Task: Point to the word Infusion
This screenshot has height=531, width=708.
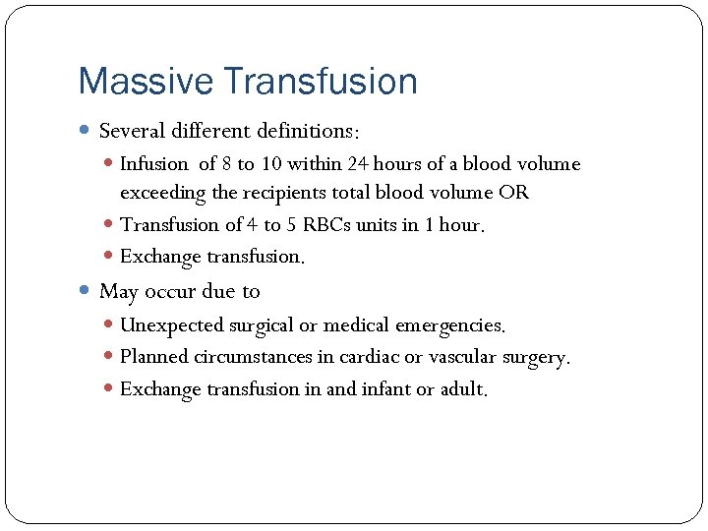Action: (x=152, y=164)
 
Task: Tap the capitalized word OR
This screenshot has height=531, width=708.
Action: (x=513, y=193)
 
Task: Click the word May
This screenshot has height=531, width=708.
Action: (x=119, y=291)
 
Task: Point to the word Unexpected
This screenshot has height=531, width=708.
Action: (x=172, y=324)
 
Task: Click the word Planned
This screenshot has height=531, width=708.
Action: (x=153, y=357)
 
